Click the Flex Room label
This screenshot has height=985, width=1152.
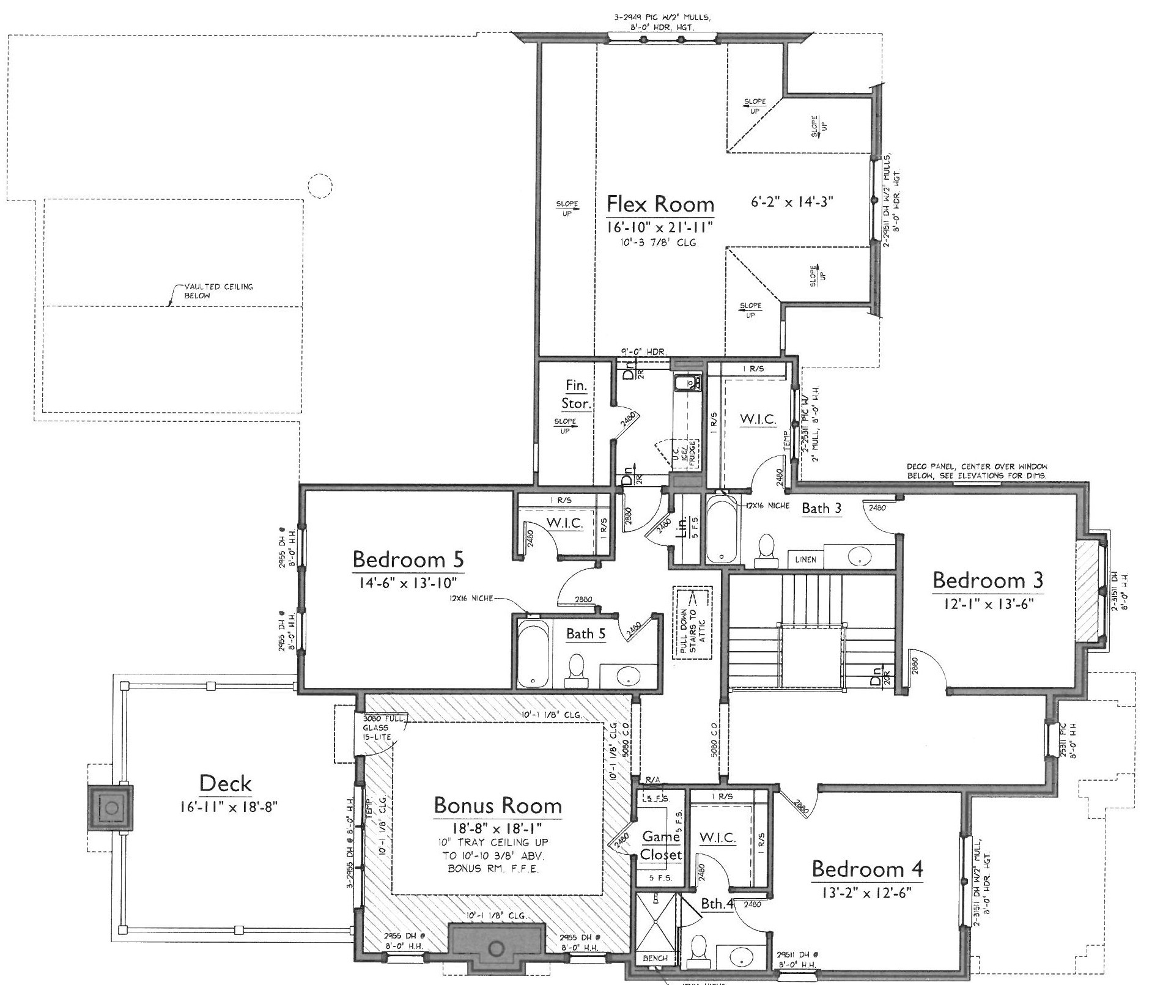click(x=660, y=204)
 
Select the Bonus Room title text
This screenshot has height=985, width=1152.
click(x=497, y=806)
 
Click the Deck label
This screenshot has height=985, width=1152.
click(x=226, y=784)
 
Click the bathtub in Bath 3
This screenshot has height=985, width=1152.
click(x=722, y=530)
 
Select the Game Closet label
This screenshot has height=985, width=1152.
click(x=660, y=846)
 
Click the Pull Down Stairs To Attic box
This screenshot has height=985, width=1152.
click(x=693, y=623)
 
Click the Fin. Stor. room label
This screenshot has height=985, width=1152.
click(x=576, y=395)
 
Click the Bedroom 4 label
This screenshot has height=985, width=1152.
click(x=867, y=869)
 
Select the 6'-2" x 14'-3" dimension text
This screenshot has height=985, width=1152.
click(x=792, y=202)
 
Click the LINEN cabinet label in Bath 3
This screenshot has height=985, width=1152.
click(x=805, y=559)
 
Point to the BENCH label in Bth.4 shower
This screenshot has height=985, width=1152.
click(x=655, y=959)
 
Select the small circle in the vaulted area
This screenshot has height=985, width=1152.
click(x=320, y=185)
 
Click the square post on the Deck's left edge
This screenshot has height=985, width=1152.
click(x=111, y=808)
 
